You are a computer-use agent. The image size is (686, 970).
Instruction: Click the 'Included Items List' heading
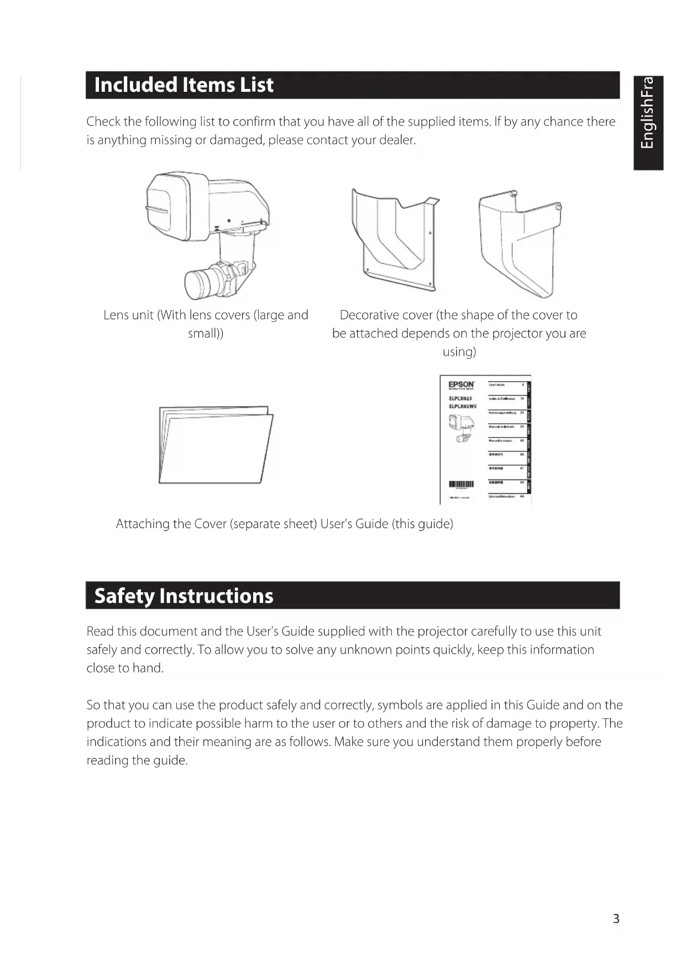point(184,85)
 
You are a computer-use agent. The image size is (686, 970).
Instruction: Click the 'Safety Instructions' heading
point(184,596)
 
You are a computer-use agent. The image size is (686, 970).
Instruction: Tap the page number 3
point(616,919)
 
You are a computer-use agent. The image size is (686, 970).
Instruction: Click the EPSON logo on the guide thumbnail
point(461,384)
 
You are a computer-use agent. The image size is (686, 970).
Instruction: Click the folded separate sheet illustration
point(216,445)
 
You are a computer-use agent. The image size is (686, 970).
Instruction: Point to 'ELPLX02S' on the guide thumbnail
point(460,398)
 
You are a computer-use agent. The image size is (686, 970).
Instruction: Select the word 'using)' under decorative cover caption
point(459,352)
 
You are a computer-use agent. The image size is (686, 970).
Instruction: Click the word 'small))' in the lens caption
point(206,333)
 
